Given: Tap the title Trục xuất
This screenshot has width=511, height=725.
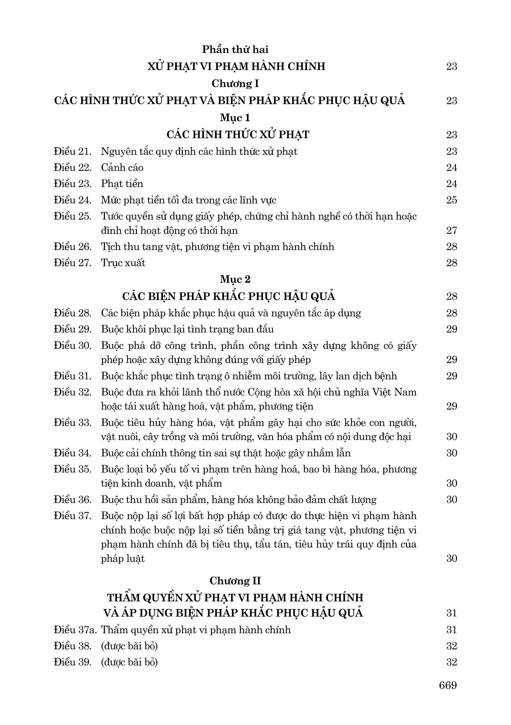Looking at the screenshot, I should coord(123,263).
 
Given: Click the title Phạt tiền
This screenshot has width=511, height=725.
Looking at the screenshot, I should coord(122,184).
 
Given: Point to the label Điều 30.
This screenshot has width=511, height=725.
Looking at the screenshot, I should coord(72,345).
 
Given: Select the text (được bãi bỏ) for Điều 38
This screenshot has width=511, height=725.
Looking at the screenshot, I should coord(129,646).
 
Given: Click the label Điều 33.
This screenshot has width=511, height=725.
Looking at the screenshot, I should coord(72,422).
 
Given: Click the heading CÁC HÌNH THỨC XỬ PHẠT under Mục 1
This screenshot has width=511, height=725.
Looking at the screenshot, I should coord(238,135).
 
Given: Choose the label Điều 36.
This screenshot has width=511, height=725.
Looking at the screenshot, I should coord(72,500).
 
